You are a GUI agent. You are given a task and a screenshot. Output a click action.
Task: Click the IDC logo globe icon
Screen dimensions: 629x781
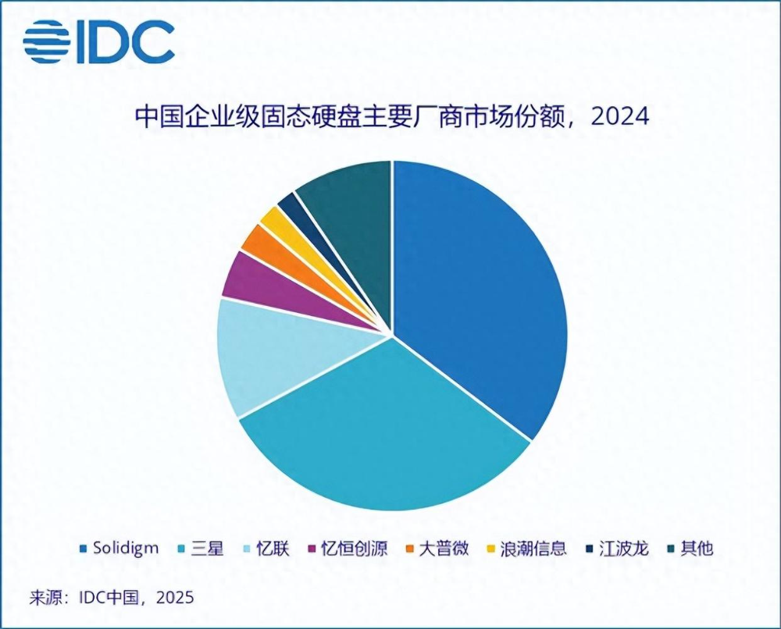coord(47,41)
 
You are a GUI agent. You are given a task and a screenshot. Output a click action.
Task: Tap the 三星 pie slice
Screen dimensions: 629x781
coord(383,437)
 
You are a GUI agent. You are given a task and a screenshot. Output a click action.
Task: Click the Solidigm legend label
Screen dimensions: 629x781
coord(126,548)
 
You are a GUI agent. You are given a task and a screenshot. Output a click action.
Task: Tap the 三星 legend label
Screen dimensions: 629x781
coord(207,548)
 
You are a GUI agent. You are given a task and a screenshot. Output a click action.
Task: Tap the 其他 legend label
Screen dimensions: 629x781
coord(697,548)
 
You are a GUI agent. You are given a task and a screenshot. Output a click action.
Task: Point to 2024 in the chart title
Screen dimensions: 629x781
coord(621,118)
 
